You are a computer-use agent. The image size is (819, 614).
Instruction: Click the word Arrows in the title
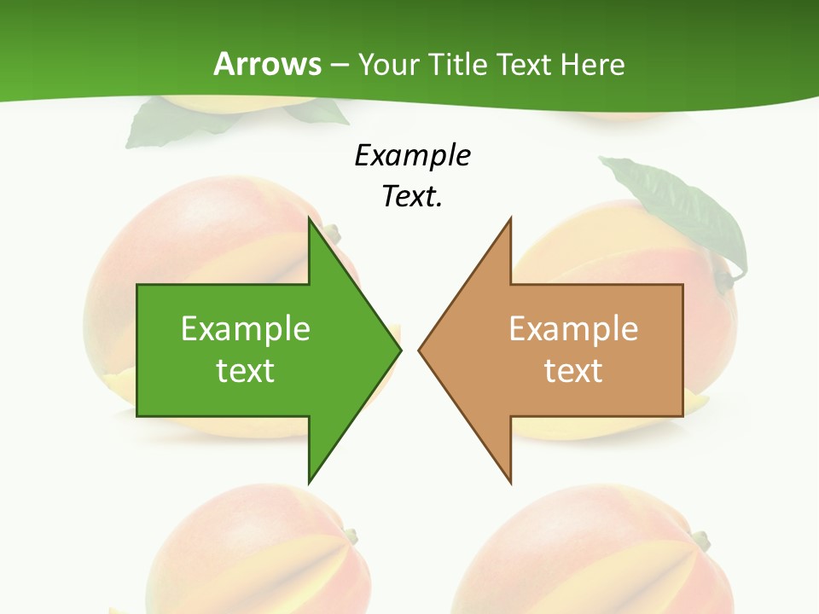pyautogui.click(x=268, y=64)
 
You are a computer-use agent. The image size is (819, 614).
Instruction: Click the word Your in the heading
pyautogui.click(x=389, y=64)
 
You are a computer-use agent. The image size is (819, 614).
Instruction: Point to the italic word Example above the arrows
pyautogui.click(x=413, y=155)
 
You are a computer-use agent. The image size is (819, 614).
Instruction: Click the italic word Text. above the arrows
pyautogui.click(x=413, y=196)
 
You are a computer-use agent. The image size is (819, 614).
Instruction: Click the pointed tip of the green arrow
pyautogui.click(x=398, y=349)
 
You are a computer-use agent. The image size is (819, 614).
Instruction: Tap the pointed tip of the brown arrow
pyautogui.click(x=421, y=349)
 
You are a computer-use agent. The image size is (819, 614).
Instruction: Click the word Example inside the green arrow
pyautogui.click(x=246, y=328)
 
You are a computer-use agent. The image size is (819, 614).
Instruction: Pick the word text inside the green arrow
pyautogui.click(x=246, y=370)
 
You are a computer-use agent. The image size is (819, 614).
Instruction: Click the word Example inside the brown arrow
pyautogui.click(x=573, y=328)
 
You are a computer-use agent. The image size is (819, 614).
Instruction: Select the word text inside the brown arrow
pyautogui.click(x=573, y=370)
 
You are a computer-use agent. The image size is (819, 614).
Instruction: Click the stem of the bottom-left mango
pyautogui.click(x=350, y=536)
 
